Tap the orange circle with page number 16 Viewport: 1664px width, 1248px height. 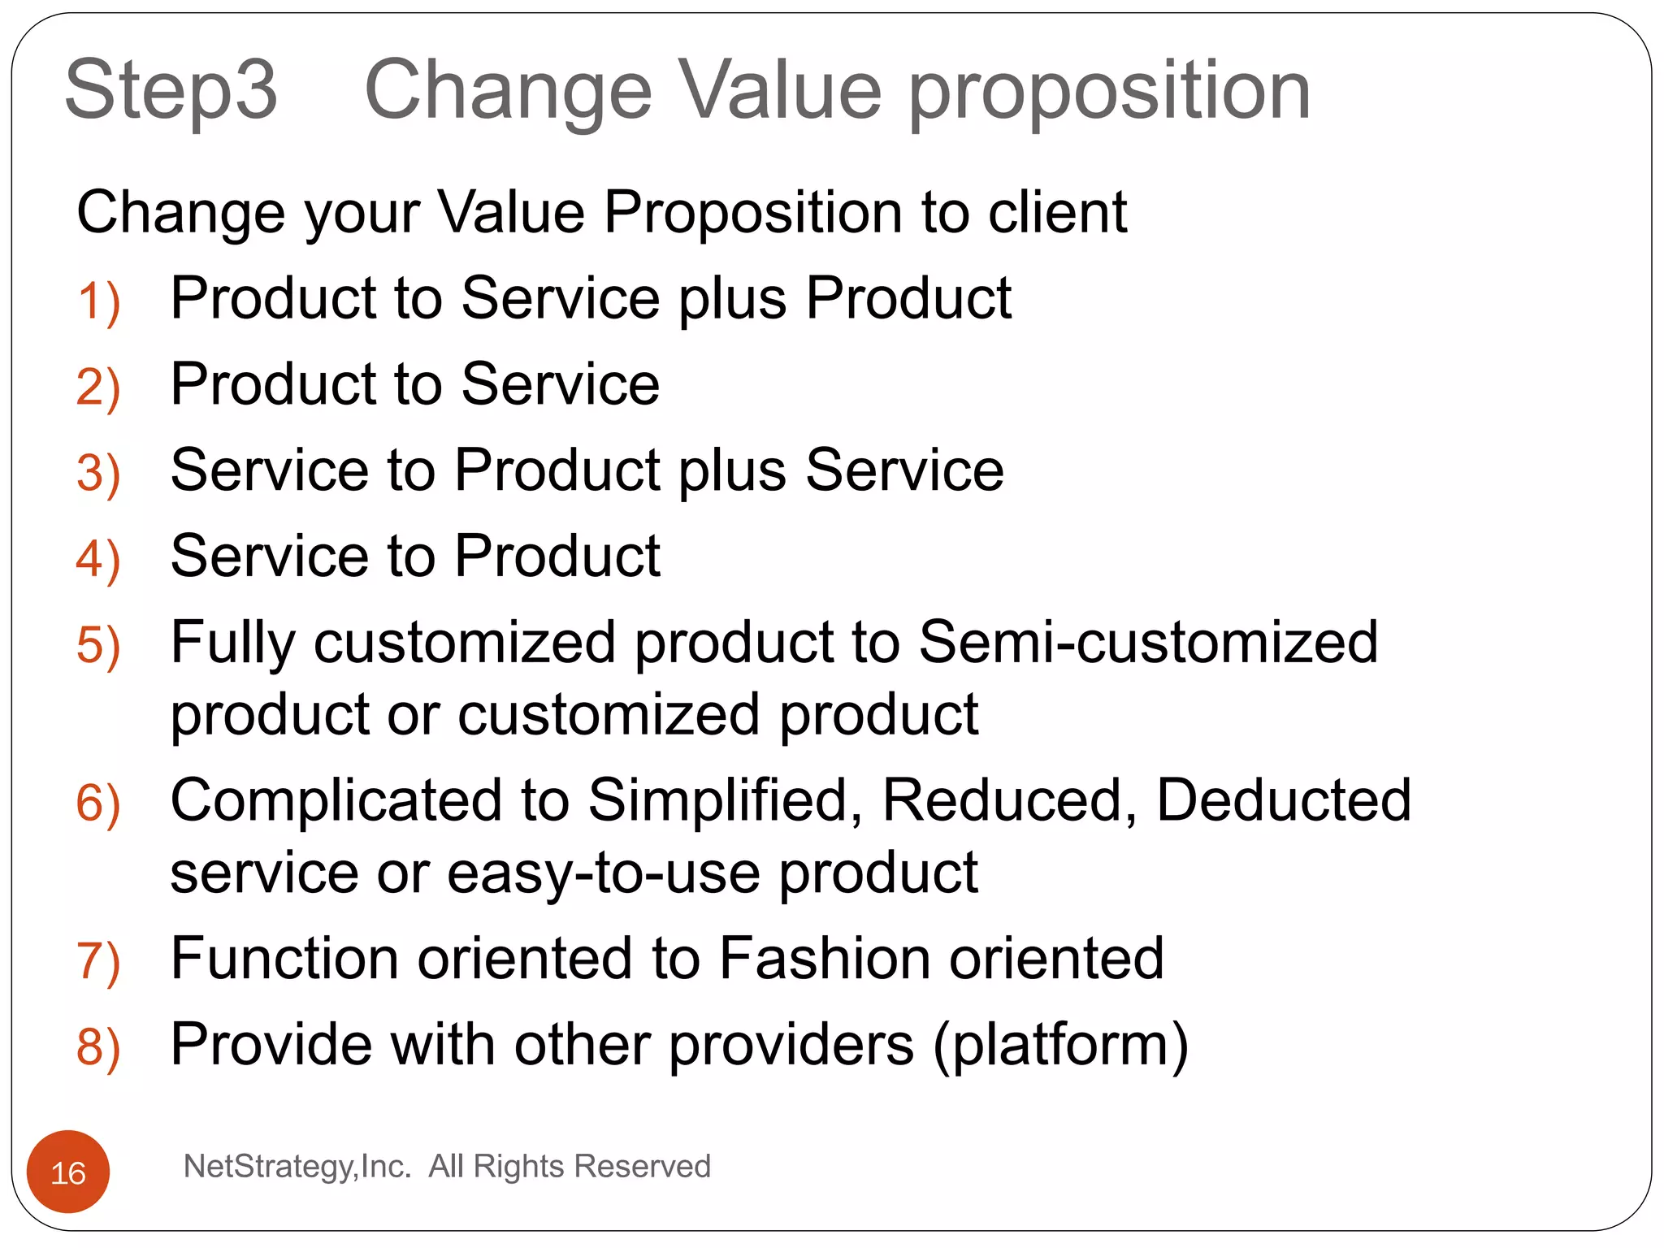tap(68, 1172)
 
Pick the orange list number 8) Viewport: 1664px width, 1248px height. tap(98, 1046)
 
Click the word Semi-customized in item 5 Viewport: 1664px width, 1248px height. tap(1148, 642)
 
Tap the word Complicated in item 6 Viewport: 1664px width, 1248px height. tap(336, 800)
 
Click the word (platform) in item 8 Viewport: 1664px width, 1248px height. tap(1060, 1046)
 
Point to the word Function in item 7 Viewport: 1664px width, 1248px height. tap(284, 958)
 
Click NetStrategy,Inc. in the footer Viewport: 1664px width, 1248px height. tap(297, 1167)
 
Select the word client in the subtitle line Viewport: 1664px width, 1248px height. tap(1056, 213)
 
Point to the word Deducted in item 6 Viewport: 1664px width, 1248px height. tap(1284, 800)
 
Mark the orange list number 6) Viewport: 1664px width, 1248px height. tap(98, 804)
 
